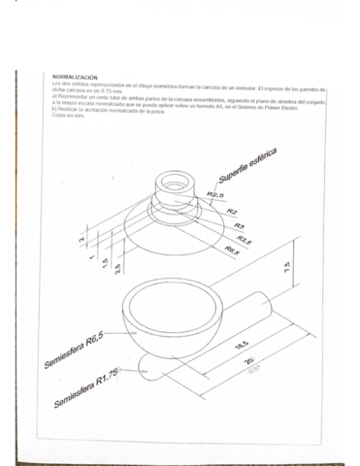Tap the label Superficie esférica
[x=248, y=166]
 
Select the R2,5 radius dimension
[x=216, y=196]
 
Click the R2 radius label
[x=232, y=211]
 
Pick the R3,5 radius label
[x=245, y=239]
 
